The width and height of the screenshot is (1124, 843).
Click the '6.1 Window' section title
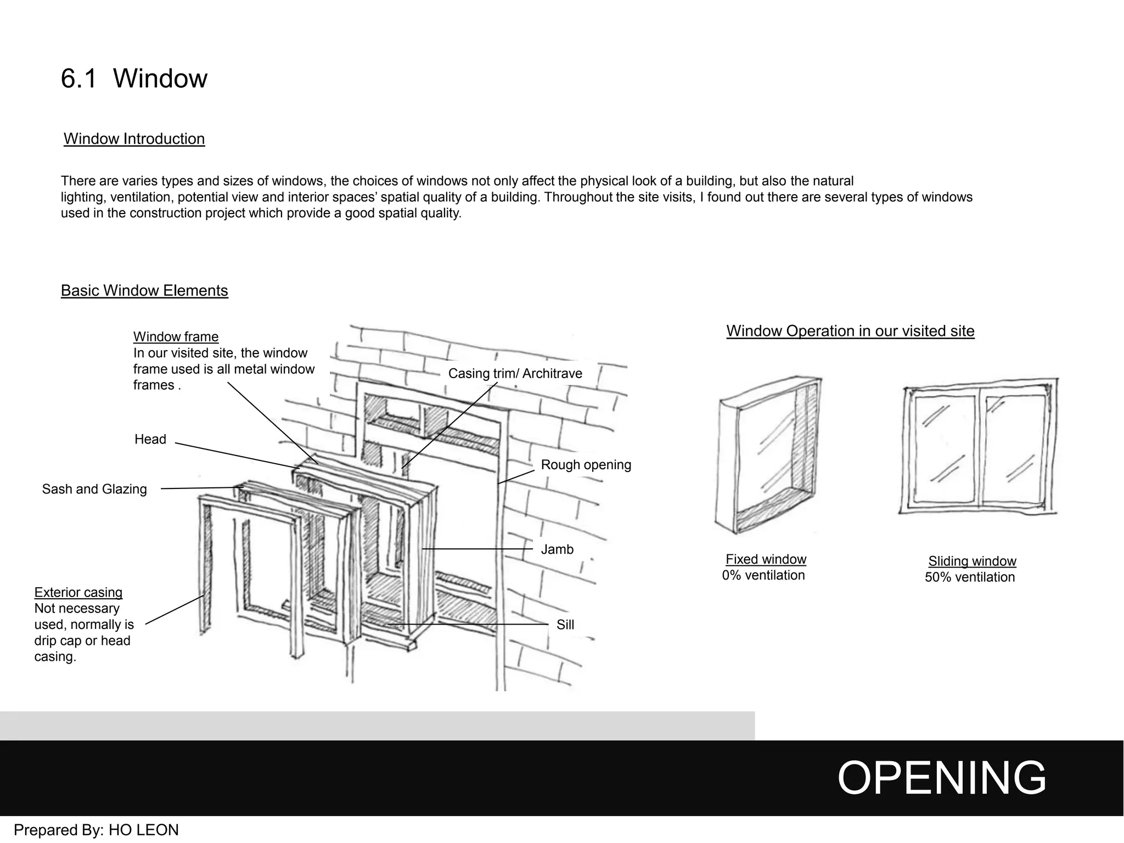coord(134,78)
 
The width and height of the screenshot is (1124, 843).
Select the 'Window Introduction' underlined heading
coord(134,139)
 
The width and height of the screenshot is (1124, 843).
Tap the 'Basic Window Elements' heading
coord(144,290)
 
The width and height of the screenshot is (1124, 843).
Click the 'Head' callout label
coord(150,439)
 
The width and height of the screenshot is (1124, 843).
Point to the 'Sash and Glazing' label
coord(94,489)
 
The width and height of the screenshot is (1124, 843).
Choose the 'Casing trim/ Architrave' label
coord(515,374)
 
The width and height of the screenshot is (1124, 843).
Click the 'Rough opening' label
coord(586,465)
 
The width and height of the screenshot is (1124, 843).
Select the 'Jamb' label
coord(557,549)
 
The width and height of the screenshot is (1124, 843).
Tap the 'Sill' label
coord(565,625)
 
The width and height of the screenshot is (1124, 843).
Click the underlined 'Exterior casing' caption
coord(78,593)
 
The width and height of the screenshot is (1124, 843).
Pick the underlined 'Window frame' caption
coord(176,337)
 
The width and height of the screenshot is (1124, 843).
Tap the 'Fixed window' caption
coord(766,559)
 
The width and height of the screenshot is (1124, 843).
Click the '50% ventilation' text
coord(969,577)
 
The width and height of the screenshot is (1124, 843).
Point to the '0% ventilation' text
coord(763,575)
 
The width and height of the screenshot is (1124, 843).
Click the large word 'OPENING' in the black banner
coord(941,778)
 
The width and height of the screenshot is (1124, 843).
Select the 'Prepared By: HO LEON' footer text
coord(96,830)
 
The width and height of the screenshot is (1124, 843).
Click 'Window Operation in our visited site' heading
coord(850,331)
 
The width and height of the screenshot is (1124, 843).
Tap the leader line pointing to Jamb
coord(477,549)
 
